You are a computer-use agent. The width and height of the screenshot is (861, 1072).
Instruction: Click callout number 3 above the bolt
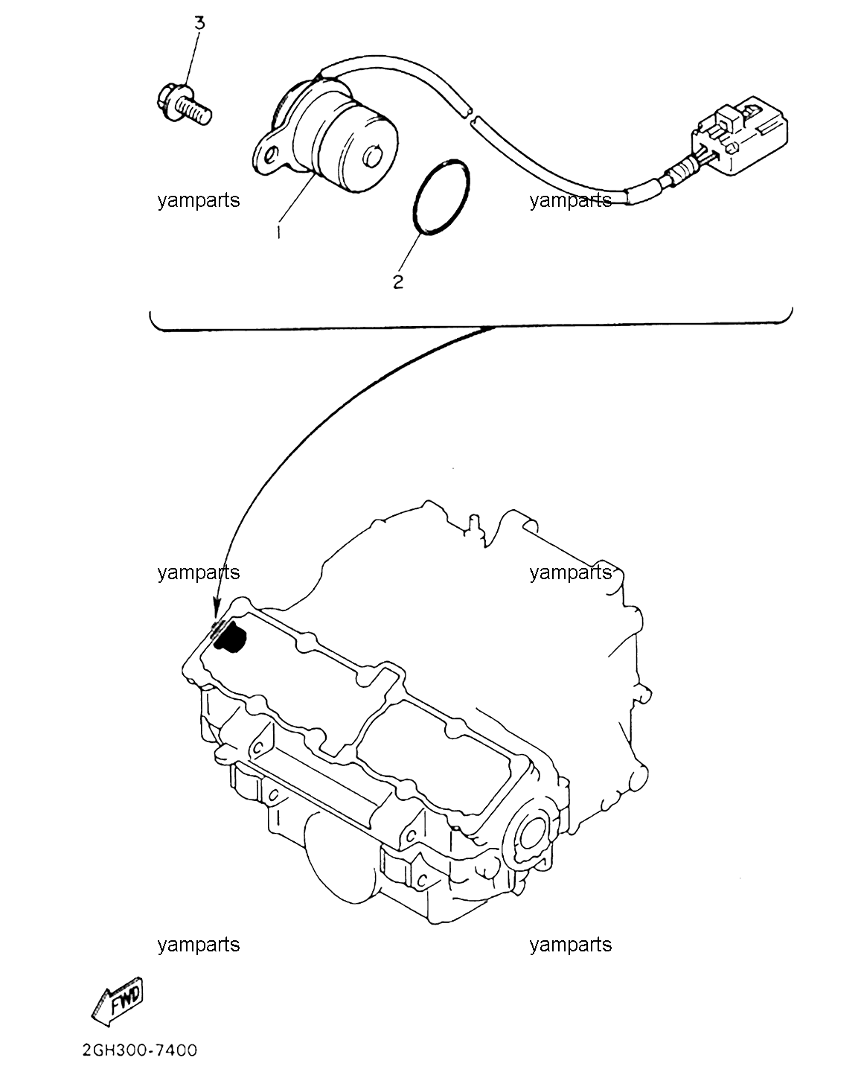point(199,23)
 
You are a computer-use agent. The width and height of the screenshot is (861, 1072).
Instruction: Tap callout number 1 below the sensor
point(278,232)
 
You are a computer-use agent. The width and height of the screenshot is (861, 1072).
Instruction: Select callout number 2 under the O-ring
point(398,282)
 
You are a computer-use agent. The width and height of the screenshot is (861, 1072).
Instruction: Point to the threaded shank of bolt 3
point(195,111)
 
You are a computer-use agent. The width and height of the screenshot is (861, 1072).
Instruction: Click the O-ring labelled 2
point(441,197)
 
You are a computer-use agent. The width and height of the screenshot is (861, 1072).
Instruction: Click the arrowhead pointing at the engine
point(217,610)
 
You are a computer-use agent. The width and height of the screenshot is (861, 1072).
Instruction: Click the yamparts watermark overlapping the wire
point(571,200)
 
